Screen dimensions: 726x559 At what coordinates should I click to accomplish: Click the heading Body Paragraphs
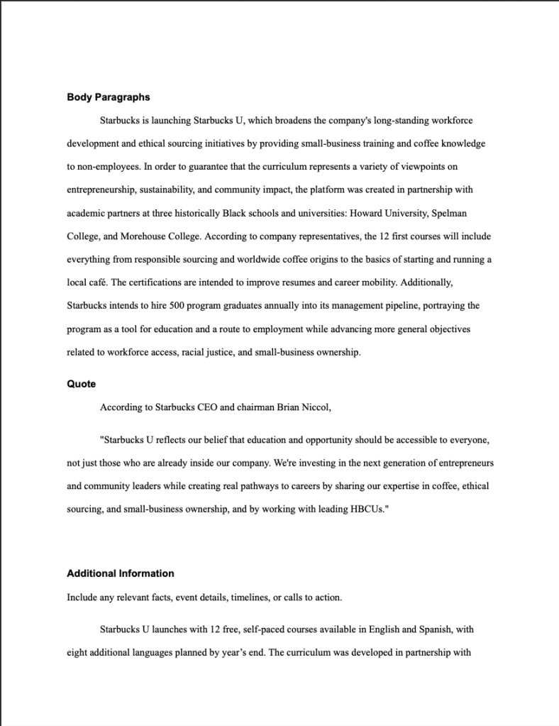pos(108,97)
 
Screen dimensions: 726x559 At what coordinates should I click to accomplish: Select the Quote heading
pos(81,384)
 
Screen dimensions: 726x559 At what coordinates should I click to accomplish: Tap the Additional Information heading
pos(120,573)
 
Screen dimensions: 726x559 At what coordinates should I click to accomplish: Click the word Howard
pos(366,213)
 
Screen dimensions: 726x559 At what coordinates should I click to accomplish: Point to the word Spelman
pos(448,213)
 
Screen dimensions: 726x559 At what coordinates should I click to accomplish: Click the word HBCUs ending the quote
pos(368,510)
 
